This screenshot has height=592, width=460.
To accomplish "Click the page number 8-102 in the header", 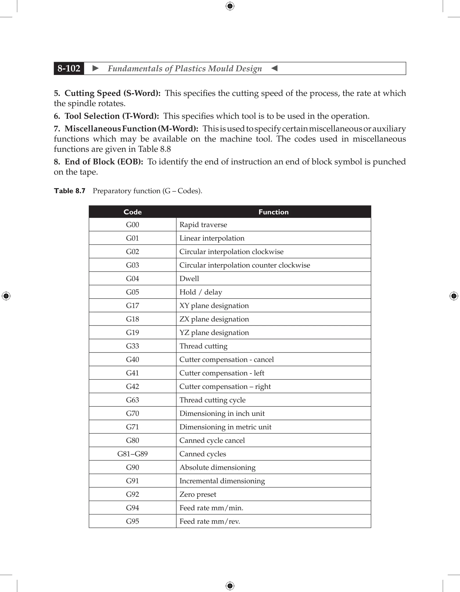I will click(x=69, y=68).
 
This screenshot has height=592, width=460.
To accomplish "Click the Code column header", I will click(x=133, y=212).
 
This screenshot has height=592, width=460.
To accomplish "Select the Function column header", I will click(x=274, y=212).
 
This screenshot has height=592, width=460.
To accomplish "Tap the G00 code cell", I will click(x=133, y=225).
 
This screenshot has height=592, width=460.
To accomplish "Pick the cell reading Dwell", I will click(x=189, y=279).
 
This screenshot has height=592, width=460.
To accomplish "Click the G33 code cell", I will click(x=133, y=346).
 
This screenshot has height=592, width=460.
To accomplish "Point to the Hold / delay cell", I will click(x=201, y=292).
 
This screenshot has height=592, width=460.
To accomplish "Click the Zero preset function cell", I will click(x=198, y=494).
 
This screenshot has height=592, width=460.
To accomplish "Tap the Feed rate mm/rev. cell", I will click(x=210, y=521).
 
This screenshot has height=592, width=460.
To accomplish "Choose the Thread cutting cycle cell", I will click(x=212, y=400).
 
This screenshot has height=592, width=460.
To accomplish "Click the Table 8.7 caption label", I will click(x=70, y=191).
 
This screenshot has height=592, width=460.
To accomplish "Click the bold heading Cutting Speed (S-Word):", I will click(x=112, y=93).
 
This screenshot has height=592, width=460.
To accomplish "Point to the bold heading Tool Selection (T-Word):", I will click(x=111, y=116).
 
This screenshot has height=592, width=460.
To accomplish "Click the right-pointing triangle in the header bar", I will click(x=95, y=68).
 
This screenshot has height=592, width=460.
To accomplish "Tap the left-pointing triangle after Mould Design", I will click(x=274, y=68).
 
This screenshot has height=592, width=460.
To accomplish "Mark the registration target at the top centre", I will click(x=230, y=6).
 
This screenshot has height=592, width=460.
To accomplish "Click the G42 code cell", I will click(x=133, y=387).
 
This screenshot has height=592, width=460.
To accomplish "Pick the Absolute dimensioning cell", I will click(x=217, y=468).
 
